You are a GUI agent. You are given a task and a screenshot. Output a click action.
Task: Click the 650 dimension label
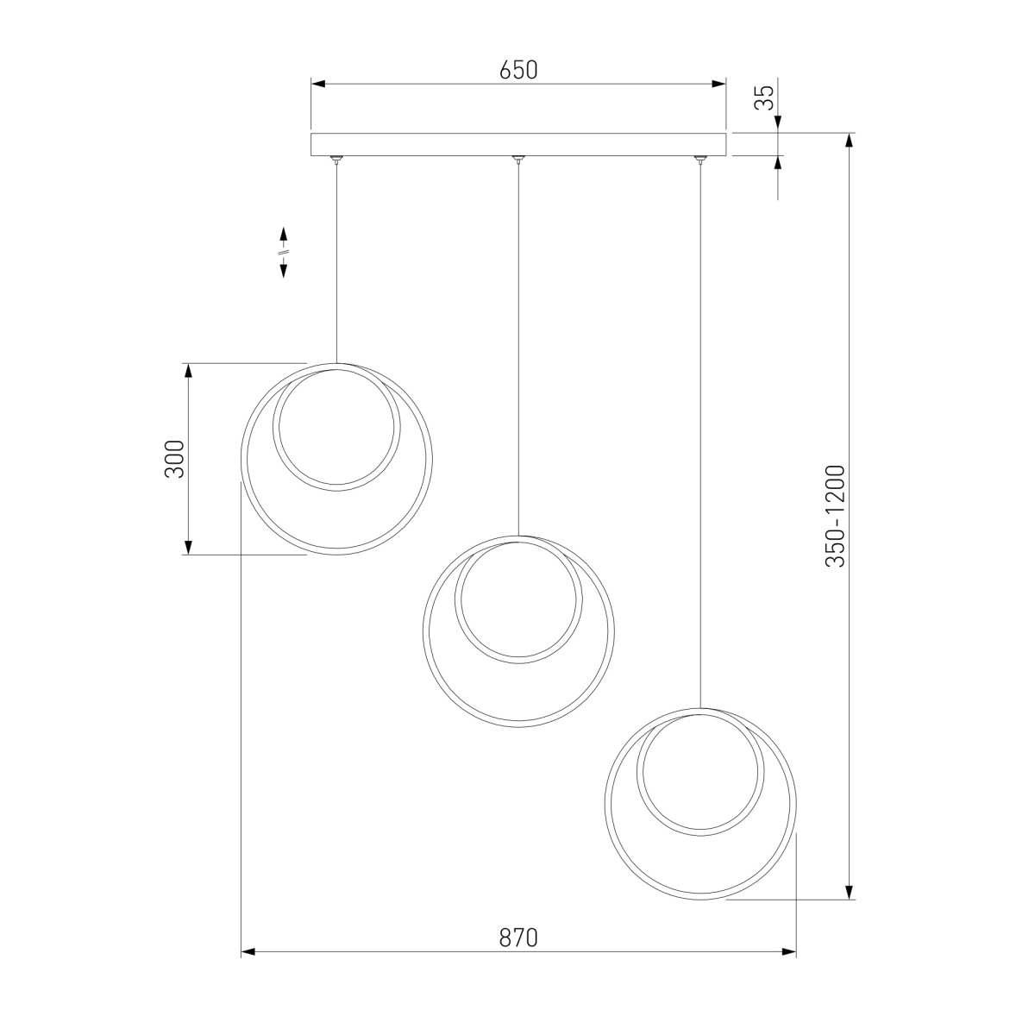[518, 70]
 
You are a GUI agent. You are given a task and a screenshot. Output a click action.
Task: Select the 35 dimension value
[764, 97]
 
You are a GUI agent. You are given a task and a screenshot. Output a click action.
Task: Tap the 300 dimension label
[174, 459]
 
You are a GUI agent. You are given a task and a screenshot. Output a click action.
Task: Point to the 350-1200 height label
[836, 516]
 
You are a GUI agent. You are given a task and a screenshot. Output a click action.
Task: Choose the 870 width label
[518, 938]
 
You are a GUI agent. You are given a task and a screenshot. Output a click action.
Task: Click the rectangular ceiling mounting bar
[518, 145]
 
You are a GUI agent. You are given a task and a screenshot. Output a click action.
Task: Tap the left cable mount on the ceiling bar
[336, 159]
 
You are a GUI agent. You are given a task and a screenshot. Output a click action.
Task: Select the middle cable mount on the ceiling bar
[517, 159]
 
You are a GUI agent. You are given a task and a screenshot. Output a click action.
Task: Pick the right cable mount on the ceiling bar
[699, 159]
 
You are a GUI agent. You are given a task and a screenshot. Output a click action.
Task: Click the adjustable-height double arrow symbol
[283, 252]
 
